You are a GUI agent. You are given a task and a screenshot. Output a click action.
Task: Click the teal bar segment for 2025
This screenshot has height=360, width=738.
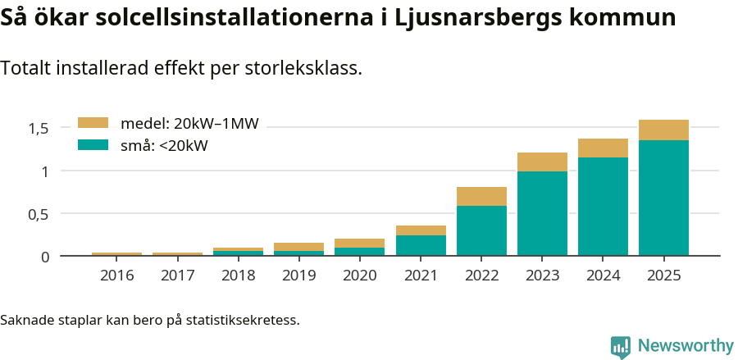[x=663, y=198]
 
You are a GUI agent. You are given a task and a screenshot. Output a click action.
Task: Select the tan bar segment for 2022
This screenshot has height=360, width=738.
[x=481, y=196]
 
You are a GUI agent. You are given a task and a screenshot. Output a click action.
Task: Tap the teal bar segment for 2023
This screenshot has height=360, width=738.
[x=542, y=213]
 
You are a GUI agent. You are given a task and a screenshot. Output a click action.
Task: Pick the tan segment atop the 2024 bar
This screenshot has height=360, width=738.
[x=603, y=148]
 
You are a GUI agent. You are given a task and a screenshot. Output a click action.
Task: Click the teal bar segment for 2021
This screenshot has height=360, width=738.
[x=421, y=245]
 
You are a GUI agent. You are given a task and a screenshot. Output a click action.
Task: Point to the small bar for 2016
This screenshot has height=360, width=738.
[x=116, y=254]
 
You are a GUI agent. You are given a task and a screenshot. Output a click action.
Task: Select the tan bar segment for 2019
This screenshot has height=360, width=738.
[x=298, y=247]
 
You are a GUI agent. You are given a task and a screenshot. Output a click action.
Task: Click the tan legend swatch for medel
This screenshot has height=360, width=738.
[x=93, y=123]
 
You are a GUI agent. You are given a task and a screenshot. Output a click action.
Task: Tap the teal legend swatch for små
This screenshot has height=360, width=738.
[x=93, y=145]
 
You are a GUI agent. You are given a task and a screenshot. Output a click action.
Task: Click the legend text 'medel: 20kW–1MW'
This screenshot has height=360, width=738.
[x=189, y=124]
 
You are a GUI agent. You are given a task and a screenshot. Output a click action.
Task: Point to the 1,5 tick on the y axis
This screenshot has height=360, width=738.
[x=39, y=128]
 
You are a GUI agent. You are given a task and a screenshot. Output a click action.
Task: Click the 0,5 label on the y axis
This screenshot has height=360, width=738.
[x=39, y=214]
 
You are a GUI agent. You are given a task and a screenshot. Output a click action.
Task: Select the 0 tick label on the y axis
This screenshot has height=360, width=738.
[x=45, y=257]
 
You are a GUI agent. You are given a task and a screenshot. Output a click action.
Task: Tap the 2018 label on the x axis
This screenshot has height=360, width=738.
[x=239, y=276]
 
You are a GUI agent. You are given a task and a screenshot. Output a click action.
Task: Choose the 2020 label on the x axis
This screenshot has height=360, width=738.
[x=360, y=276]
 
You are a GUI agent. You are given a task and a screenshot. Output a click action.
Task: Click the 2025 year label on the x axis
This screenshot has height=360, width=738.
[x=663, y=276]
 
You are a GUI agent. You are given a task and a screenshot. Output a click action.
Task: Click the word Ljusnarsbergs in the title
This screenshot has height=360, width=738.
[x=464, y=18]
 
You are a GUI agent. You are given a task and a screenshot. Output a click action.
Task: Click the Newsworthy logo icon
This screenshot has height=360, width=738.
[x=621, y=346]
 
